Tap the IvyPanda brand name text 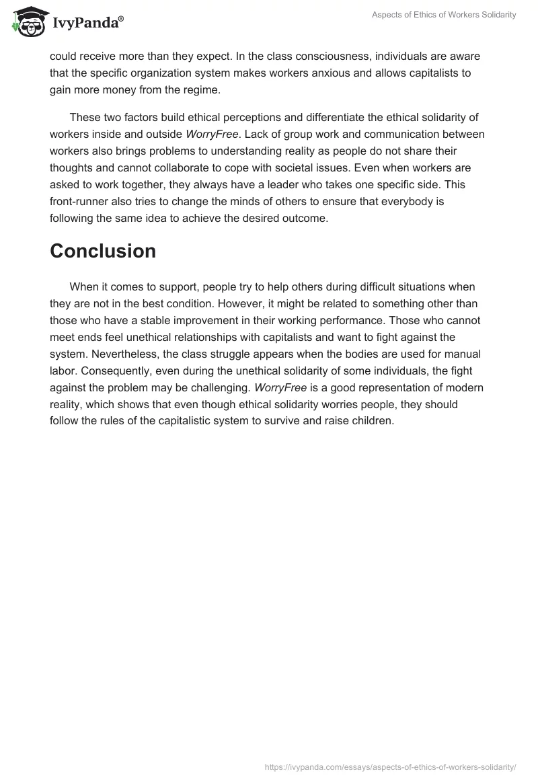87,24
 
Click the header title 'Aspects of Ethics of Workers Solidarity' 444,15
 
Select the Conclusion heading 103,251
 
